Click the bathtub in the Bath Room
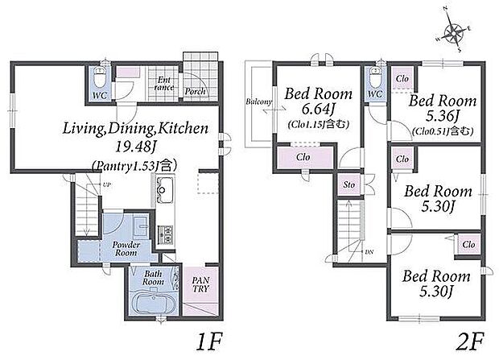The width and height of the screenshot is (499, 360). click(x=154, y=302)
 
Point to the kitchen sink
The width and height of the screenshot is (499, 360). click(x=164, y=190)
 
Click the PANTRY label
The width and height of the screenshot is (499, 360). click(x=200, y=284)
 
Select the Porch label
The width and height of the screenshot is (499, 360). click(x=195, y=92)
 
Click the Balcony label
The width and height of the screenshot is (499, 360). click(x=258, y=102)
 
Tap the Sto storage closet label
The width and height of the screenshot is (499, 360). click(x=349, y=184)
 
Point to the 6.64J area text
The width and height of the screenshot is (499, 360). click(x=318, y=110)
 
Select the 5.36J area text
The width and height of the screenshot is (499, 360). click(x=443, y=117)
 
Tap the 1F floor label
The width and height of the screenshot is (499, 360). click(x=208, y=342)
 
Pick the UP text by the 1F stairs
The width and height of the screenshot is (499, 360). click(x=106, y=184)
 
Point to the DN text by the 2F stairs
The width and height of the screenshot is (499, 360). click(x=369, y=252)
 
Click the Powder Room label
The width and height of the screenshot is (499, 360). click(x=126, y=249)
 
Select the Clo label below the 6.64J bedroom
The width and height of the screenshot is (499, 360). click(x=303, y=157)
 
